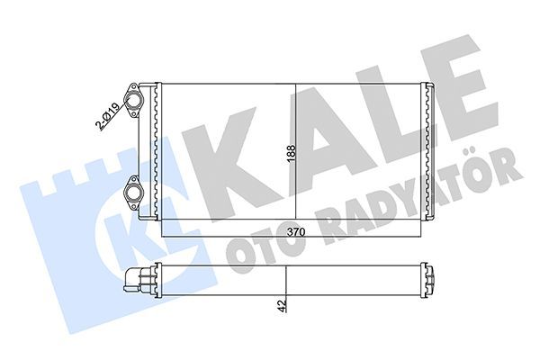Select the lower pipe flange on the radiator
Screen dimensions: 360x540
[x=135, y=190]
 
